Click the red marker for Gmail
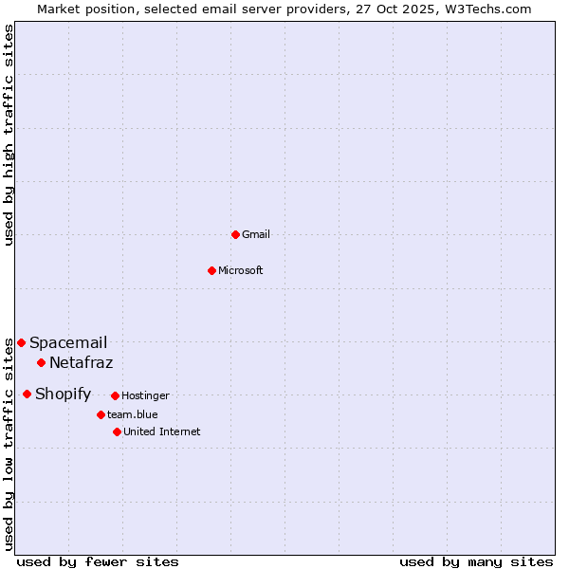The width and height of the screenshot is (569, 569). [x=235, y=234]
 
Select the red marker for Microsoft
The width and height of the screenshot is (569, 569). [x=211, y=270]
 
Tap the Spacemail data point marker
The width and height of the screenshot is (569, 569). [x=21, y=342]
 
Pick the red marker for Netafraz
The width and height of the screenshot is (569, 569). [x=41, y=362]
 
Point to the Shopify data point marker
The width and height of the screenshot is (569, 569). [x=27, y=394]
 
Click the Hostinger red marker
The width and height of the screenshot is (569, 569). [x=115, y=395]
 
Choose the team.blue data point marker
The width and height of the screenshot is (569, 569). [x=101, y=414]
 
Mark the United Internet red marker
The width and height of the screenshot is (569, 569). [x=117, y=431]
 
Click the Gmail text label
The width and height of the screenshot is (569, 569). [x=256, y=235]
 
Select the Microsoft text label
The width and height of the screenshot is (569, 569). [x=241, y=271]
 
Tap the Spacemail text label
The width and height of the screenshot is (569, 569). [x=68, y=343]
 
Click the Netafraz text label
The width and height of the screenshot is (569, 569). [x=82, y=363]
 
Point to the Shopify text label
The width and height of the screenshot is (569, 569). [x=64, y=395]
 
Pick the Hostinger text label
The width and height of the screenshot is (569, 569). [x=146, y=396]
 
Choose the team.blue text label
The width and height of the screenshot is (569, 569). [x=133, y=415]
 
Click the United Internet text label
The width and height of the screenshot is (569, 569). [x=162, y=432]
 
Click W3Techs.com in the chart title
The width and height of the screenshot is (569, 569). [x=486, y=9]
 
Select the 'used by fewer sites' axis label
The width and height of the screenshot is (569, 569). [x=98, y=562]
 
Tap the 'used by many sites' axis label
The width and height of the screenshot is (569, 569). [x=476, y=562]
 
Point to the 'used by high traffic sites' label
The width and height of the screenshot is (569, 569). [x=9, y=135]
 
